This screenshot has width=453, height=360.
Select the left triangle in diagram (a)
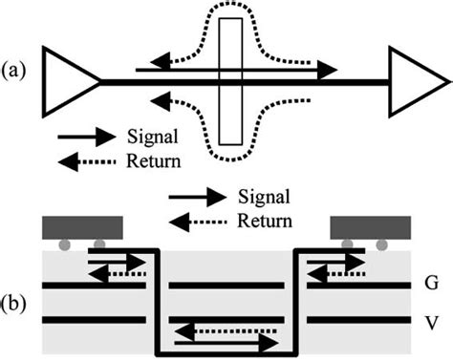[71, 83]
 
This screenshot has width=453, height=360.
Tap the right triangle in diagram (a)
[415, 83]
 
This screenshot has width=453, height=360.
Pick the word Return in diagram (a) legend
[152, 159]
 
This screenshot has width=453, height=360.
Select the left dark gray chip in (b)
[83, 227]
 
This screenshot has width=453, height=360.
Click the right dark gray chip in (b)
[368, 227]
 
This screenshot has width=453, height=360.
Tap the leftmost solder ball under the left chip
[62, 245]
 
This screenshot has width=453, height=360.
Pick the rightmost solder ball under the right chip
[382, 245]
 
